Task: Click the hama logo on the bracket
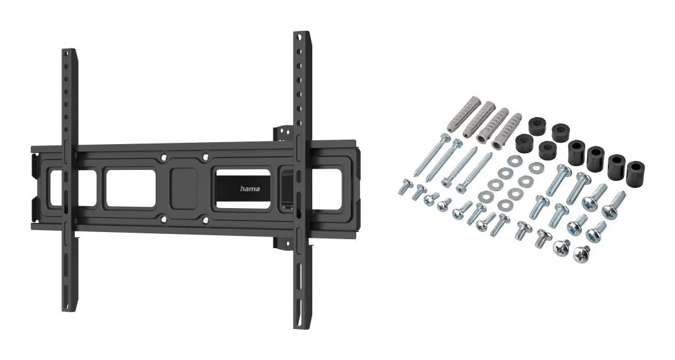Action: click(x=250, y=189)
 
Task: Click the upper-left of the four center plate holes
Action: click(x=163, y=157)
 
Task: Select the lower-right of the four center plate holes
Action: click(x=206, y=220)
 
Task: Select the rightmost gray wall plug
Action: click(x=507, y=130)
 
